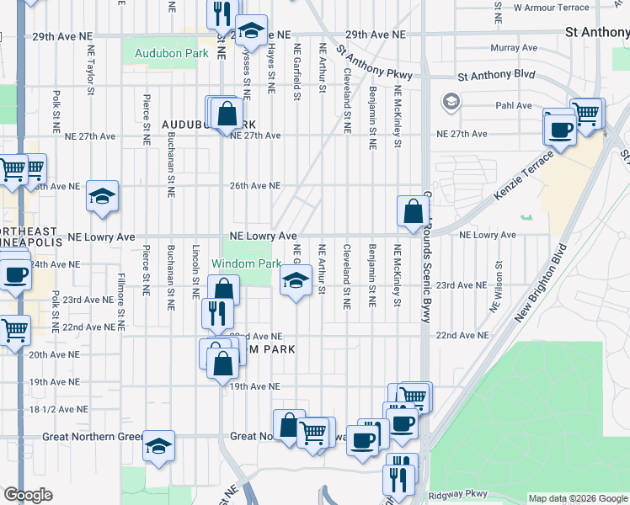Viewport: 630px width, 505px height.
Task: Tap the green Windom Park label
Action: (246, 263)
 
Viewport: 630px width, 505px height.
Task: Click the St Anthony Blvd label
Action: (497, 75)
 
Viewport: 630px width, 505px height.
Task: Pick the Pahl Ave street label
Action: (514, 106)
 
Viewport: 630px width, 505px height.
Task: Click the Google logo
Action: (29, 495)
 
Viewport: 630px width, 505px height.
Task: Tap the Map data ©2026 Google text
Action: (577, 498)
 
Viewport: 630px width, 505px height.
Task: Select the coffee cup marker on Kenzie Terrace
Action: (559, 130)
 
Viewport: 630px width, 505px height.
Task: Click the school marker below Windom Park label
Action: (295, 281)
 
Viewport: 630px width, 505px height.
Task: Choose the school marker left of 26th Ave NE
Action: (103, 198)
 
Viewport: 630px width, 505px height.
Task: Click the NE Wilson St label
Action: (499, 274)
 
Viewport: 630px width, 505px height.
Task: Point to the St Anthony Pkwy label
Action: (374, 62)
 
